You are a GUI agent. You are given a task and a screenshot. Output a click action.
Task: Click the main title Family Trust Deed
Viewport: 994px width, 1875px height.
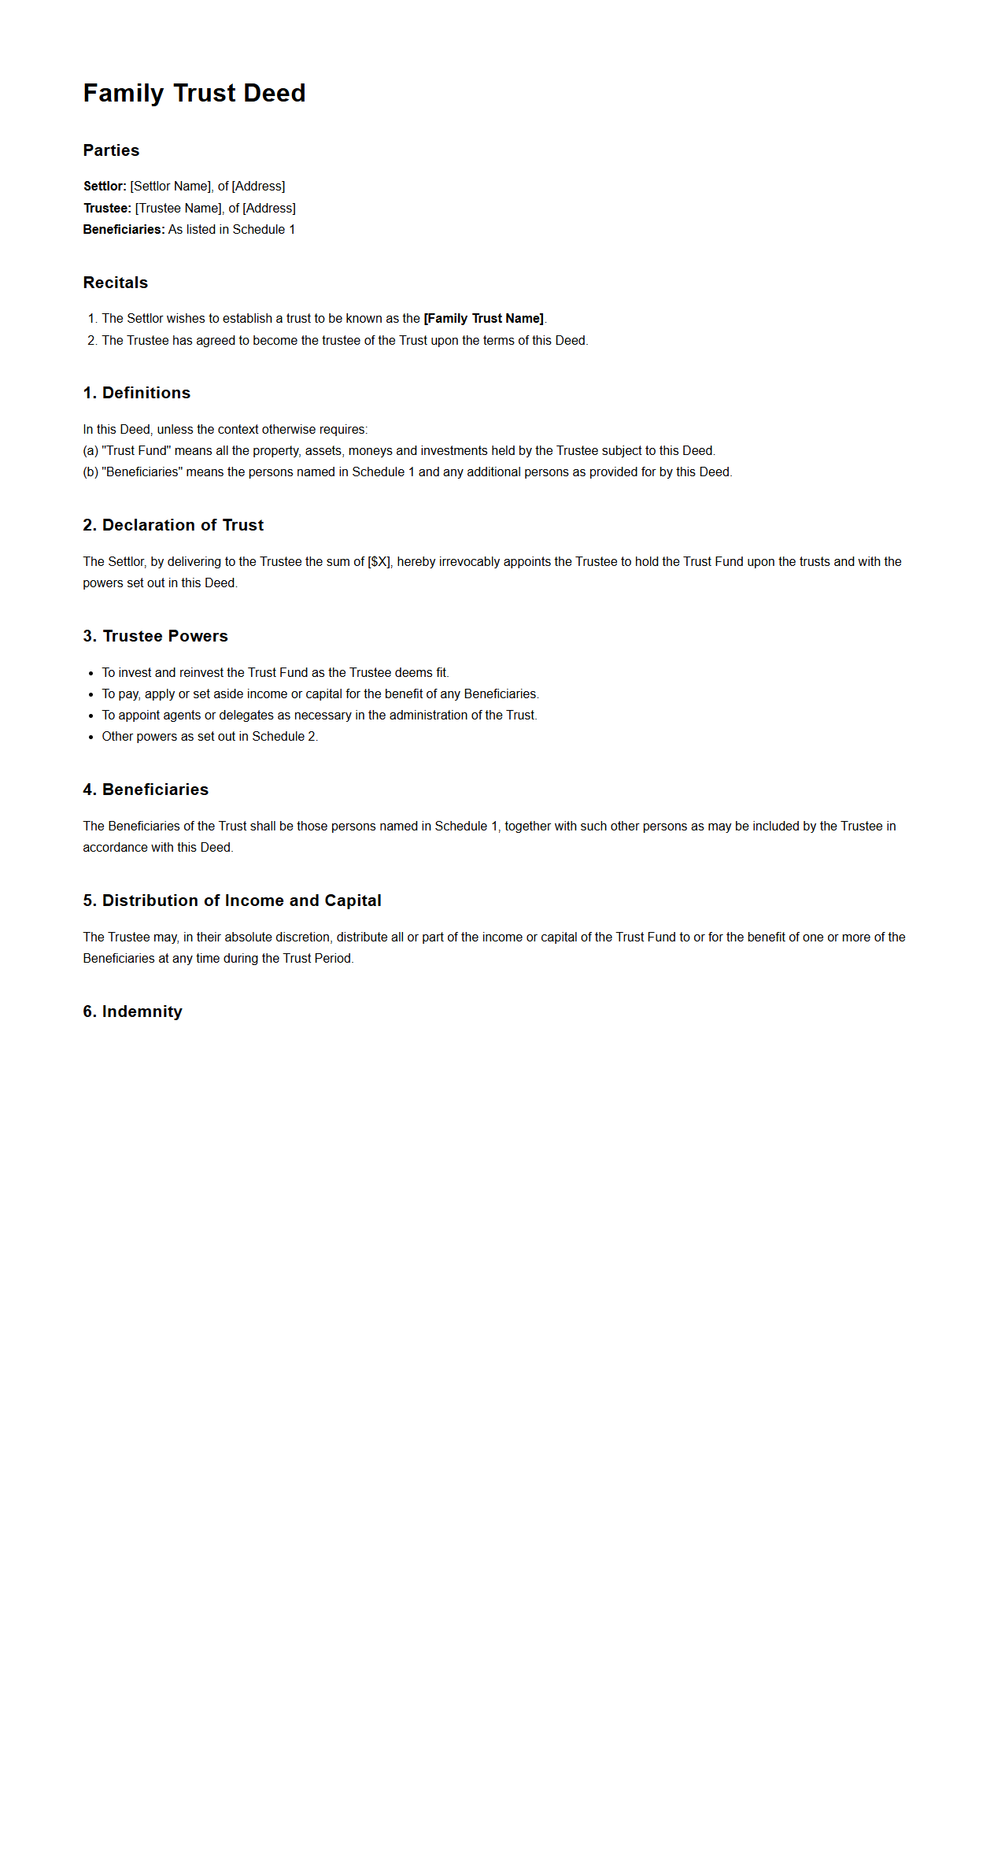tap(194, 93)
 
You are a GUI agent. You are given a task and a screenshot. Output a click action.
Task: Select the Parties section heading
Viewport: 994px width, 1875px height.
tap(111, 150)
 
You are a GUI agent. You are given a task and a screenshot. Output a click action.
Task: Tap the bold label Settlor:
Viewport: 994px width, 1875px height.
tap(105, 187)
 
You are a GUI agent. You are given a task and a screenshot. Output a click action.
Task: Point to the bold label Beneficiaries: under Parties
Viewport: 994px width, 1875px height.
tap(124, 230)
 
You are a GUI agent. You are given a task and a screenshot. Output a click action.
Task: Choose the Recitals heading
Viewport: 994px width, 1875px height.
tap(115, 283)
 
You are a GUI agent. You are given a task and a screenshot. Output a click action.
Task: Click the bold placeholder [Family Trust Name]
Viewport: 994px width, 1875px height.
tap(483, 319)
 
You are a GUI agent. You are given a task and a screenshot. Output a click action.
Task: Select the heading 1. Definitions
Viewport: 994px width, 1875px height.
tap(136, 393)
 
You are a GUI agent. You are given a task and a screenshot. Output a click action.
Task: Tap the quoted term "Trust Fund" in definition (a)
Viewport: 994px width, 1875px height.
tap(136, 451)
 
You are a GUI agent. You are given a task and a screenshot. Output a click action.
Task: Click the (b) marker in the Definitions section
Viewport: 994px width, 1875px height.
tap(91, 472)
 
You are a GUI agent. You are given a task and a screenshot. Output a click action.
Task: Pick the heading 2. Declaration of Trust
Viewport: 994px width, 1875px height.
tap(173, 525)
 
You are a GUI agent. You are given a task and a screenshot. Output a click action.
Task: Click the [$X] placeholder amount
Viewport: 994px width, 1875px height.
tap(379, 562)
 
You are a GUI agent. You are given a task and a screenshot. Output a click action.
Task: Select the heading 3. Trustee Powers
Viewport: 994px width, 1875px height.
tap(155, 636)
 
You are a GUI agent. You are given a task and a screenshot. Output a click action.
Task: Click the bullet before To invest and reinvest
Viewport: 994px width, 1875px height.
tap(91, 673)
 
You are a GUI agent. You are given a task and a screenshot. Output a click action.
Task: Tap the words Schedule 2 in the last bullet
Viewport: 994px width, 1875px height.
tap(283, 737)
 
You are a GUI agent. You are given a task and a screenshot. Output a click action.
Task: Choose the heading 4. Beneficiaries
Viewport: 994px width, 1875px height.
tap(146, 790)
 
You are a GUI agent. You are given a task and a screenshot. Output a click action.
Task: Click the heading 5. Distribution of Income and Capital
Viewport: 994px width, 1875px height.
tap(232, 901)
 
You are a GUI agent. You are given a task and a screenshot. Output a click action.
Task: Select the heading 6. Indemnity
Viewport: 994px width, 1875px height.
tap(132, 1011)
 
